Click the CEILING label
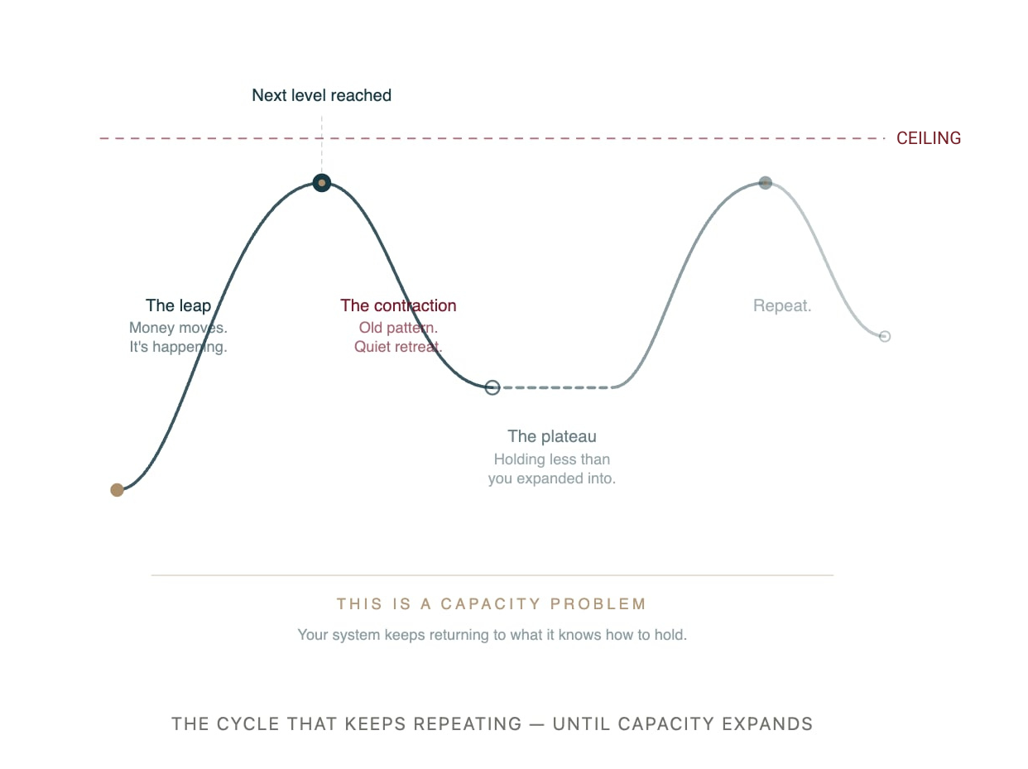tap(929, 138)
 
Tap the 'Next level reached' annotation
tap(321, 95)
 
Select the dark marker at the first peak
tap(322, 183)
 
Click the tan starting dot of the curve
tap(117, 490)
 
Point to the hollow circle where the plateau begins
tap(492, 387)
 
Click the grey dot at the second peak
tap(766, 183)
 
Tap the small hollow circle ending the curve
tap(885, 336)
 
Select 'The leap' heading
tap(178, 306)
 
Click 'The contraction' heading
tap(398, 306)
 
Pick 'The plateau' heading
tap(552, 436)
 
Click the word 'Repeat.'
tap(782, 306)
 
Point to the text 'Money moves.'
tap(178, 328)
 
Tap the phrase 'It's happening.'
tap(178, 347)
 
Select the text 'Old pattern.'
tap(398, 328)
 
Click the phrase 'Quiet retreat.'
tap(398, 347)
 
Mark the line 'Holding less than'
tap(552, 459)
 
